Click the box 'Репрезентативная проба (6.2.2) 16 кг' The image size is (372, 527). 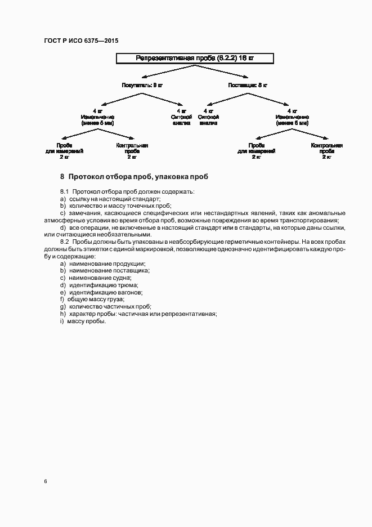click(195, 58)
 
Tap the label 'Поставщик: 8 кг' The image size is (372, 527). click(248, 85)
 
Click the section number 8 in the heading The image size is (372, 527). click(62, 176)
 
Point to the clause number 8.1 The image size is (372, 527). click(64, 192)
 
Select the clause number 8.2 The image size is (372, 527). click(64, 241)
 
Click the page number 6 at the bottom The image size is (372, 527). click(45, 481)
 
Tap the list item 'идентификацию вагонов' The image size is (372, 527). click(105, 292)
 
